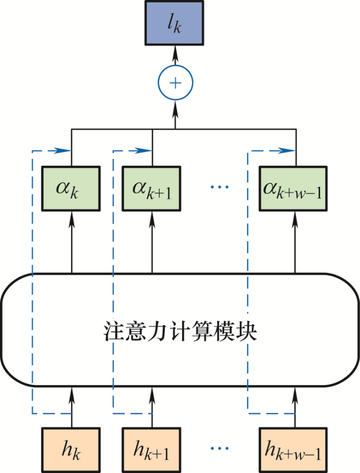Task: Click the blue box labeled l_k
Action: (x=174, y=23)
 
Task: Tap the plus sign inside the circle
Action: (x=175, y=83)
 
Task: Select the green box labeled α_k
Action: (x=71, y=189)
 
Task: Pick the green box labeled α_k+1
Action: (x=152, y=189)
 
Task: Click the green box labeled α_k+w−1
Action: (x=293, y=189)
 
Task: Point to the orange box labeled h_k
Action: (x=71, y=450)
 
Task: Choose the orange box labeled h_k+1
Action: (x=152, y=450)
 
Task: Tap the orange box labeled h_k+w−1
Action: (x=293, y=450)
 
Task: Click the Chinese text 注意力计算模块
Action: (x=180, y=331)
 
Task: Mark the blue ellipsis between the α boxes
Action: (x=220, y=187)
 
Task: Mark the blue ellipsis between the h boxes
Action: (x=220, y=448)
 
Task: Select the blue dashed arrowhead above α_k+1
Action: (x=143, y=150)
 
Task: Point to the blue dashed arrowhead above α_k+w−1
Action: (x=287, y=150)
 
